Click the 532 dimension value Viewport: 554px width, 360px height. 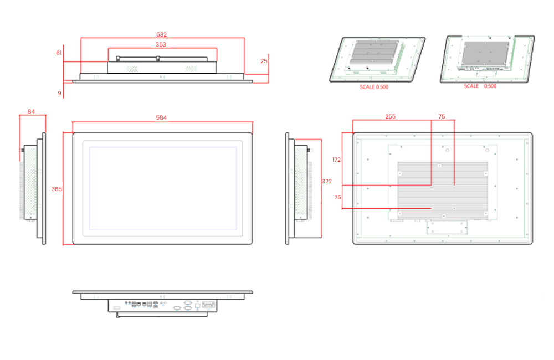161,34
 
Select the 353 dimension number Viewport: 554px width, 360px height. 161,44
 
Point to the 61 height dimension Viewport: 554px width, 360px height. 59,53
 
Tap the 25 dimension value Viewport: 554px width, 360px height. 264,60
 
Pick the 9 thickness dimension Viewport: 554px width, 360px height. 60,93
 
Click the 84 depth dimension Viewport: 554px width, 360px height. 31,111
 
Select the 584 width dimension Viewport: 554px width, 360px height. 161,117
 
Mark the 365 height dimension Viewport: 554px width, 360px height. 57,189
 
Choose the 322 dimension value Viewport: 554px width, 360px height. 327,182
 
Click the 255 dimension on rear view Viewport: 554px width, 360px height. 390,117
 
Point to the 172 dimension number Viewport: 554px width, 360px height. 336,160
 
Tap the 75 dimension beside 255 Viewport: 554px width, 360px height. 442,117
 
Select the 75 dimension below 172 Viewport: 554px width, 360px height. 337,197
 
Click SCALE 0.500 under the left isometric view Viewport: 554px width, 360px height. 374,88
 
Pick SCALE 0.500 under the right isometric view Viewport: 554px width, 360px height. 480,86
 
